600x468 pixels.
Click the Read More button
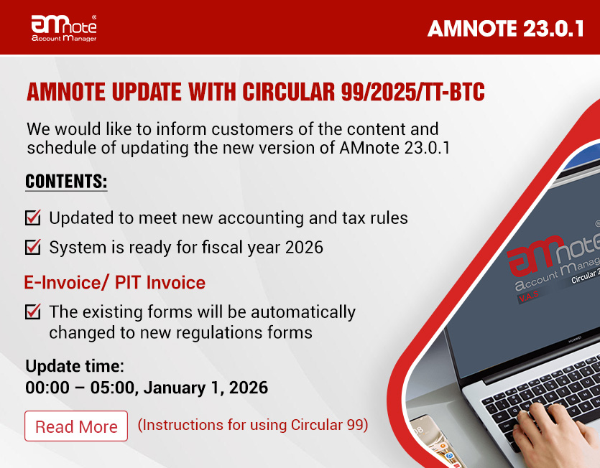tap(76, 426)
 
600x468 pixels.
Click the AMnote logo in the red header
tap(64, 27)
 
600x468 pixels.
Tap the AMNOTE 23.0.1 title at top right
tap(505, 28)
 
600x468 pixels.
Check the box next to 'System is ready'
tap(33, 248)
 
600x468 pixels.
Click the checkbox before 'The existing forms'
tap(33, 312)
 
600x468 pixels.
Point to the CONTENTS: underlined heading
tap(66, 182)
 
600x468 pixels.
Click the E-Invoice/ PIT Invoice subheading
tap(114, 283)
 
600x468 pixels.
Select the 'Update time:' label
tap(75, 366)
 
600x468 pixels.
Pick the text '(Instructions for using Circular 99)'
tap(252, 425)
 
